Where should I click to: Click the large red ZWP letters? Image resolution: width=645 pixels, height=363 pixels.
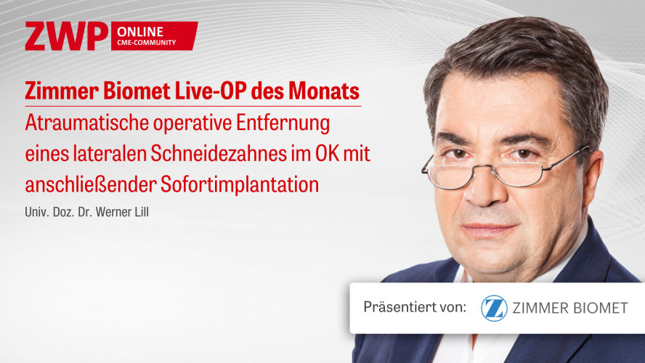[66, 36]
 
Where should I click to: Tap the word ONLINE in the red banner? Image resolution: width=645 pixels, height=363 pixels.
[140, 32]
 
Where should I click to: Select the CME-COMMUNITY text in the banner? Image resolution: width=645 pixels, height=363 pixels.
[147, 42]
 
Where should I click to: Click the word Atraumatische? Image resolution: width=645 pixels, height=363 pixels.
[86, 123]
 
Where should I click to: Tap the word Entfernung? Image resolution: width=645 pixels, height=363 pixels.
[283, 123]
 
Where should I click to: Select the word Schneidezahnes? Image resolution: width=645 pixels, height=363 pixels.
[219, 154]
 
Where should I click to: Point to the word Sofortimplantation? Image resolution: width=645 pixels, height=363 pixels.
[240, 184]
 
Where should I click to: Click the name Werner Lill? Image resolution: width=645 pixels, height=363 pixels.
[123, 212]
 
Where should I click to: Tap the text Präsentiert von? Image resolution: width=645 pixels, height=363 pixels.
[415, 307]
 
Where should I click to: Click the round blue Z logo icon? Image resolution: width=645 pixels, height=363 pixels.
[494, 308]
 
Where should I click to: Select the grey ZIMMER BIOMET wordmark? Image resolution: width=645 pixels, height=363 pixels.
[569, 308]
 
